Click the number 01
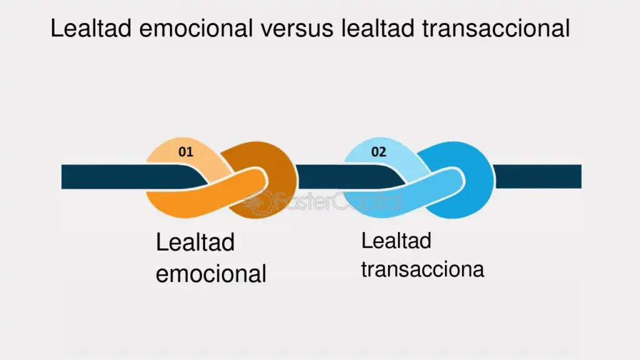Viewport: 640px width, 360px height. [186, 151]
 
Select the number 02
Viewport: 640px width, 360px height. [379, 151]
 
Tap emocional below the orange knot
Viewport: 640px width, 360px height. [211, 274]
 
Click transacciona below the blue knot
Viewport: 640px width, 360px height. [422, 269]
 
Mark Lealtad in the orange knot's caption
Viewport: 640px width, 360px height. [195, 242]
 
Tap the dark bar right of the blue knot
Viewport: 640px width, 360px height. [537, 176]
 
